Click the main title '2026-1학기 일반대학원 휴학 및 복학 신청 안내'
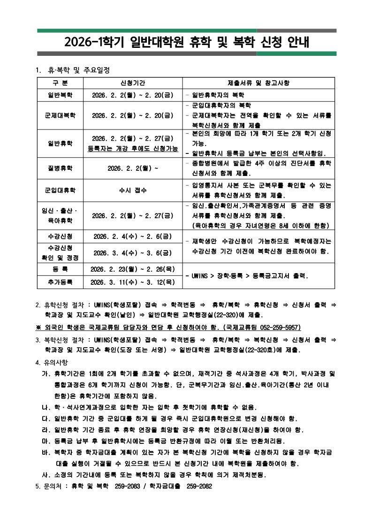point(187,43)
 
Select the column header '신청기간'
point(132,83)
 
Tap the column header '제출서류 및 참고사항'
point(258,83)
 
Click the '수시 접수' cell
point(132,191)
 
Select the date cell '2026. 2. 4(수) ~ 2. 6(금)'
point(132,236)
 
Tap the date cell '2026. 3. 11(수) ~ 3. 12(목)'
point(132,282)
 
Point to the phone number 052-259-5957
point(280,327)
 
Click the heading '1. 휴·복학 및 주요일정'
point(72,70)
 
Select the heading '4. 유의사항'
point(52,362)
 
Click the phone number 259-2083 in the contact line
point(128,487)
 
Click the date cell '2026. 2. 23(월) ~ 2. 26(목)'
point(132,269)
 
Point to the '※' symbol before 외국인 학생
point(38,327)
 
